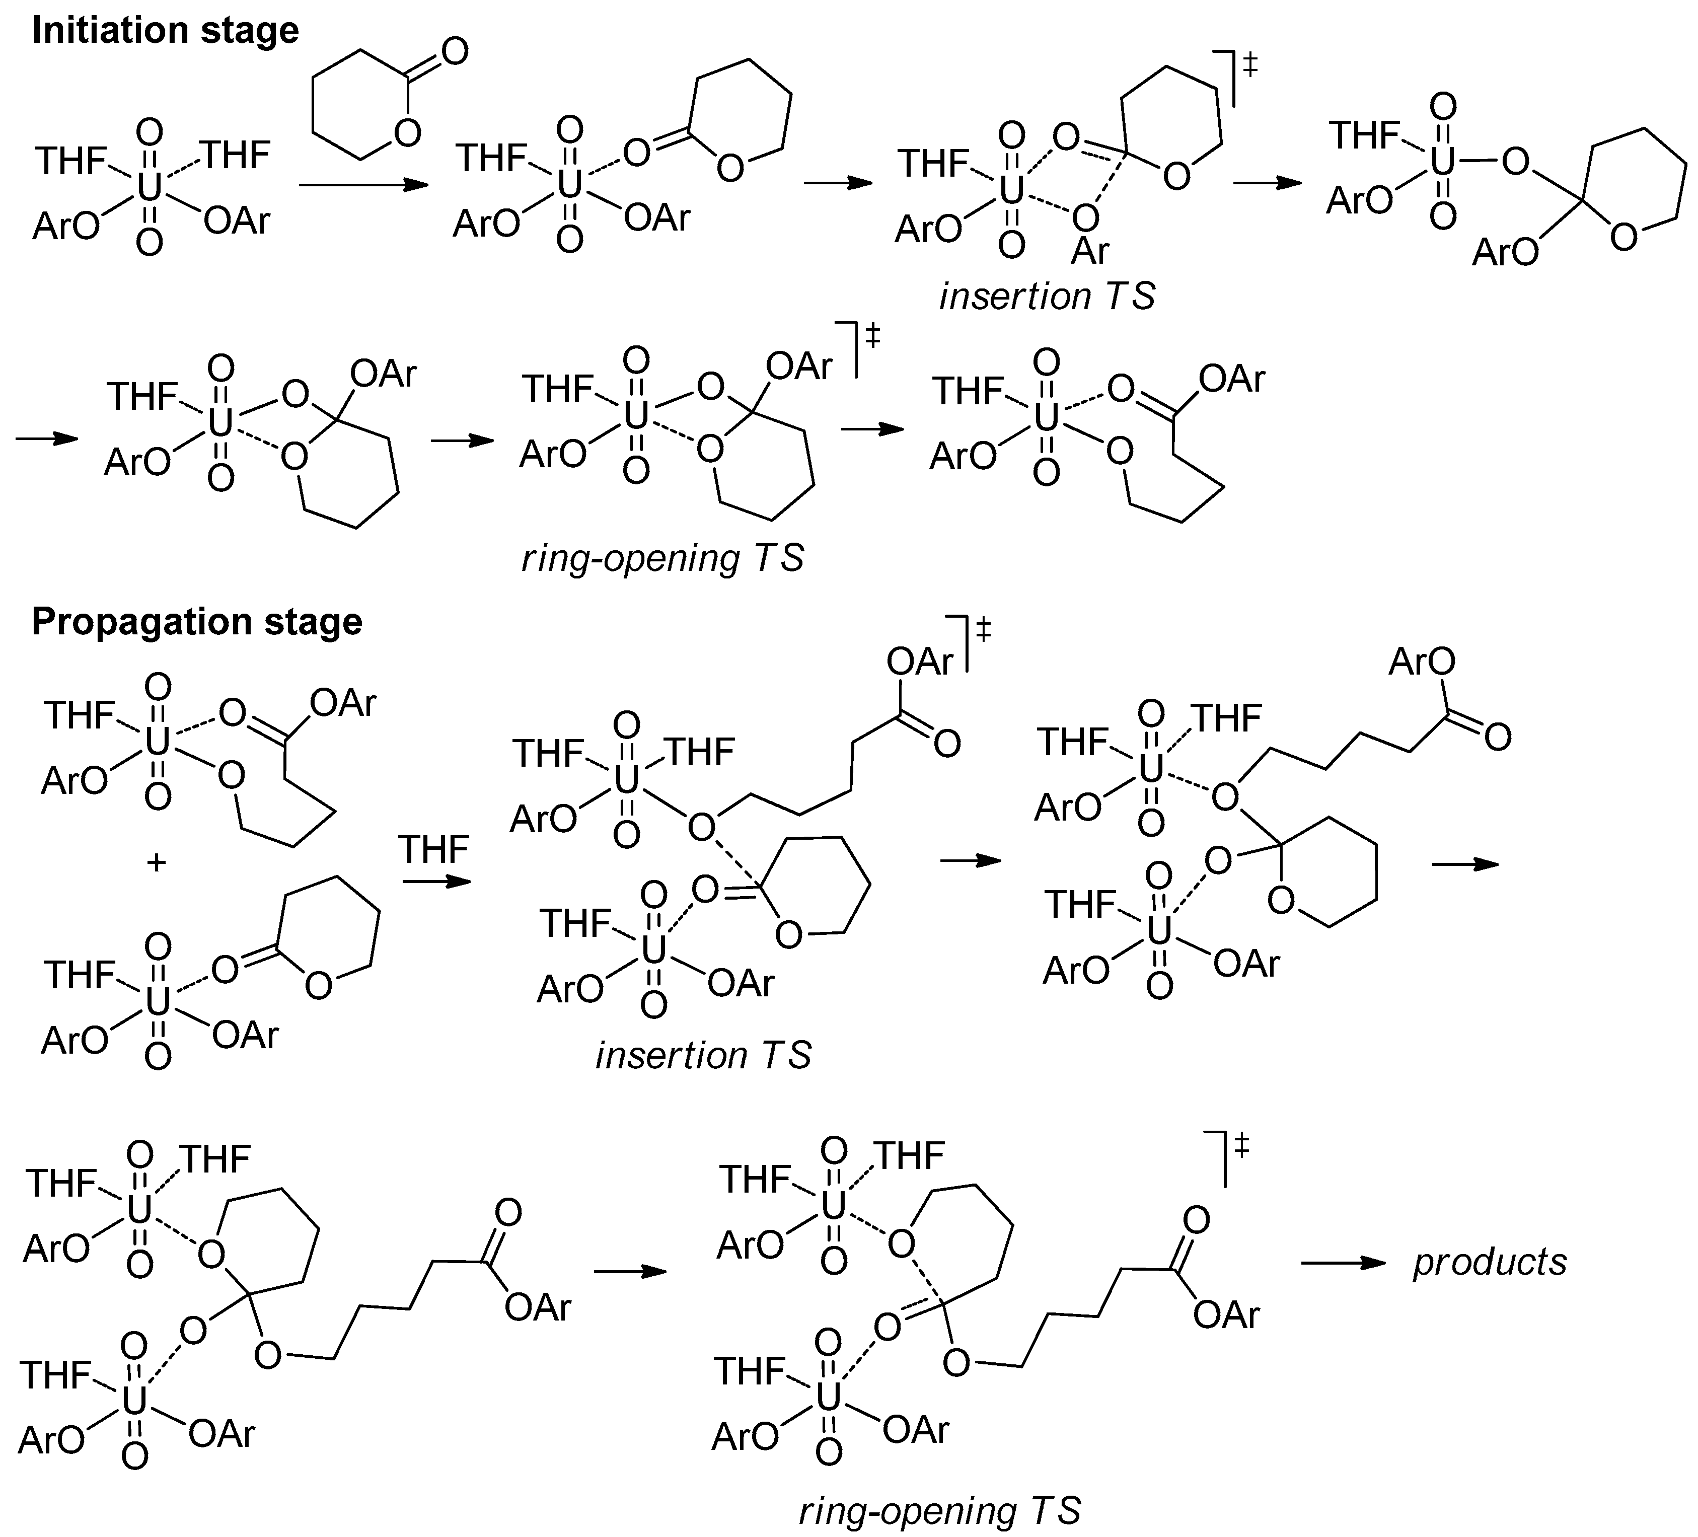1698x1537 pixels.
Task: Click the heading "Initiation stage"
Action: (165, 31)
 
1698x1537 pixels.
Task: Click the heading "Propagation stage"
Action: (197, 622)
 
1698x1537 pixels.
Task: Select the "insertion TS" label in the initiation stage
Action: (1047, 297)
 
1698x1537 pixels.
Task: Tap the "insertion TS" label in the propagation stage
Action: (703, 1055)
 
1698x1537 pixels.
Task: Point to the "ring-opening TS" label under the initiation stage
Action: (663, 558)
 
